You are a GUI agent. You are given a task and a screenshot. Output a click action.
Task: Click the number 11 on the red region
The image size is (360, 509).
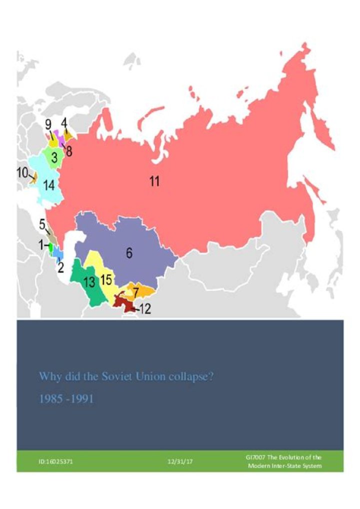[154, 181]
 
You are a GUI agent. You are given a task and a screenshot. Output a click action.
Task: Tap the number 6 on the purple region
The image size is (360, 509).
[129, 253]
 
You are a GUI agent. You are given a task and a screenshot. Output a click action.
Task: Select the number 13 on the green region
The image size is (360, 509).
[89, 282]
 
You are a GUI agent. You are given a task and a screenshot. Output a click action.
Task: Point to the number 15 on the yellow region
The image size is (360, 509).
[106, 279]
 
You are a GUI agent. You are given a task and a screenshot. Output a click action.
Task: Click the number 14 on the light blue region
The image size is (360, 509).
[48, 185]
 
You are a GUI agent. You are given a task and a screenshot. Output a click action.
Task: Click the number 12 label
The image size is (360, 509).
[144, 309]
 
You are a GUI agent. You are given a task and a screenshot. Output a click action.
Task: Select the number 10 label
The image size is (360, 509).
[22, 173]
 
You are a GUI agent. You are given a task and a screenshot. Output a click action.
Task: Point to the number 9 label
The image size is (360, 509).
[48, 124]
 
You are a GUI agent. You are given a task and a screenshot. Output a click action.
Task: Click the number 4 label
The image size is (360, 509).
[64, 122]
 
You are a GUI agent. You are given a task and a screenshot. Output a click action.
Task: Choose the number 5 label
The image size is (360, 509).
[42, 223]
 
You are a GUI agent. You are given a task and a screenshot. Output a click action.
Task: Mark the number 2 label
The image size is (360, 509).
[60, 267]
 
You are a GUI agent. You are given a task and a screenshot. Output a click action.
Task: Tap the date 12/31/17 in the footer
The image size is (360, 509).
[180, 461]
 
